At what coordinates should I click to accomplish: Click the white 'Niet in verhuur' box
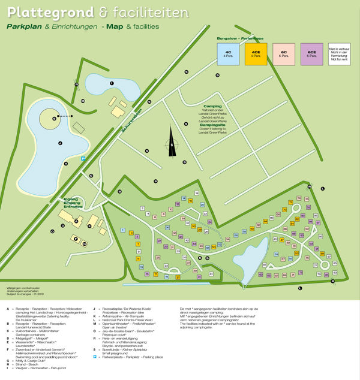click(339, 53)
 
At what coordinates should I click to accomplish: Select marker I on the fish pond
click(111, 83)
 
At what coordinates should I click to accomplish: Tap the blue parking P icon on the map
click(83, 158)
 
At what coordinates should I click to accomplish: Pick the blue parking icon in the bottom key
click(95, 373)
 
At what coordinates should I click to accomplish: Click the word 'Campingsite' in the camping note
click(212, 125)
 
